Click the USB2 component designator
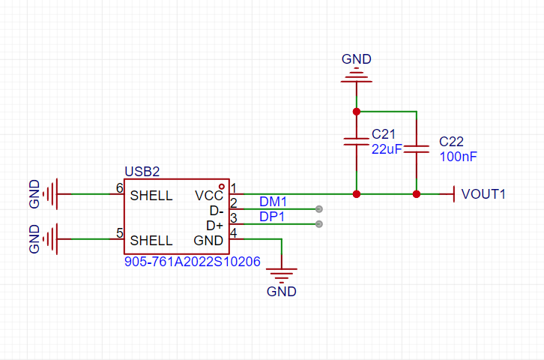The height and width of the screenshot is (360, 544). (142, 172)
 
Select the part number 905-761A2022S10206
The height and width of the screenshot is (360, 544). (193, 262)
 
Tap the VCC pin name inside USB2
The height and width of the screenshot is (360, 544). (209, 196)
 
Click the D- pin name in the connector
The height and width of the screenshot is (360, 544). (217, 211)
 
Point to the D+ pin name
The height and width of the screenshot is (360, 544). (215, 226)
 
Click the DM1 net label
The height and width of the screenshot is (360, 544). (273, 201)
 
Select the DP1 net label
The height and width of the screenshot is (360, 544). (272, 217)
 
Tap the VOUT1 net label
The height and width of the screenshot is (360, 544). (483, 194)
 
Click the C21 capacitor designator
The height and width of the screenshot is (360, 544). (384, 134)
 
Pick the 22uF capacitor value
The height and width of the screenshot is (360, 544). (387, 149)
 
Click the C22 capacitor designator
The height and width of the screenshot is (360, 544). (451, 142)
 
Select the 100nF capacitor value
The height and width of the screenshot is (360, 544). (459, 157)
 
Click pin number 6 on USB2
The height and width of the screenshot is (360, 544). (120, 188)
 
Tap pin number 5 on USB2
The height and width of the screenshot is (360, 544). (120, 233)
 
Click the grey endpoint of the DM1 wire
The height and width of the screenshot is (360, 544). (319, 209)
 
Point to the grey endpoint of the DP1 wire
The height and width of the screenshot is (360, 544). (319, 224)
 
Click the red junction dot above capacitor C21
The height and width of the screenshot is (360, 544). (357, 112)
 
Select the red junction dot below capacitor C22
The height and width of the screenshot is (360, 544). (417, 194)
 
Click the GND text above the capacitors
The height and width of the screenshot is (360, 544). (357, 59)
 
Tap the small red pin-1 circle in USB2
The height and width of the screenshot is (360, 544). (221, 187)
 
